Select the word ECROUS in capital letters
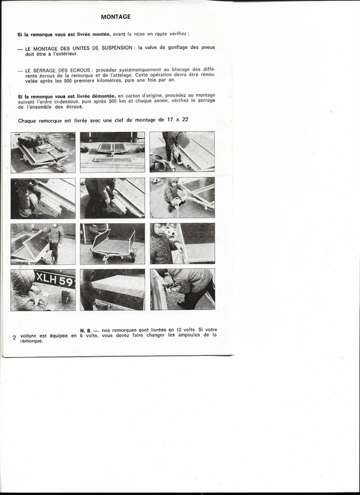[68, 71]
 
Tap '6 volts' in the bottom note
[89, 335]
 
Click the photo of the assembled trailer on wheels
[112, 244]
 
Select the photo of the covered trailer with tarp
[112, 290]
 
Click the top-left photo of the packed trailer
[43, 152]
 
